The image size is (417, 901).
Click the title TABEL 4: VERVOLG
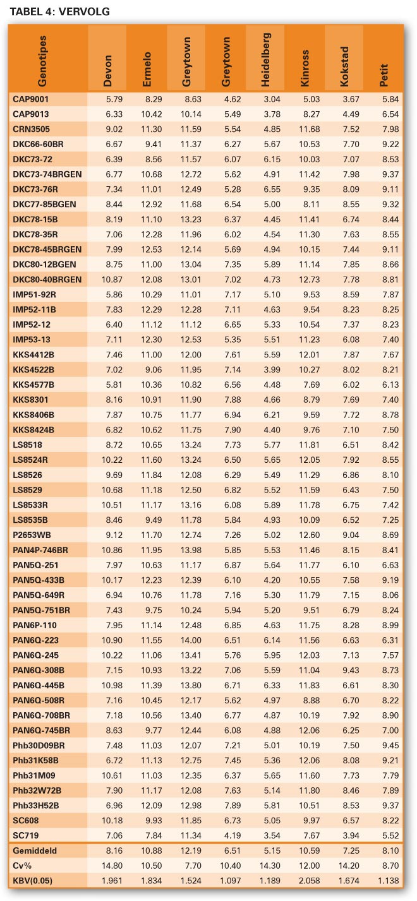tap(59, 11)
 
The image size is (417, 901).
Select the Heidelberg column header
tap(265, 59)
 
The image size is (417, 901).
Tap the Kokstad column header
tap(344, 66)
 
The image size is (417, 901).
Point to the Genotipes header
tap(42, 61)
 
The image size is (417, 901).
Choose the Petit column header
tap(384, 75)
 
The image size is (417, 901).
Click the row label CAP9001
tap(30, 99)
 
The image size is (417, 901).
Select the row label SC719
tap(26, 835)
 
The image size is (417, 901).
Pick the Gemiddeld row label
tap(35, 850)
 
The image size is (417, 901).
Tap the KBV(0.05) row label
tap(33, 881)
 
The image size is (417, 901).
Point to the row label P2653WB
tap(32, 535)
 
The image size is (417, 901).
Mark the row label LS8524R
tap(30, 460)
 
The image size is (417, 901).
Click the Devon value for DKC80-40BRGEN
tap(112, 280)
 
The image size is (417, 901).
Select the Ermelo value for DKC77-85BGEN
tap(152, 205)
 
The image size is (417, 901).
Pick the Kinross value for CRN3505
tap(309, 129)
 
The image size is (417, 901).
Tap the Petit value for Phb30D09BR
tap(390, 745)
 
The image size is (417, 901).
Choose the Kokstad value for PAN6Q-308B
tap(351, 670)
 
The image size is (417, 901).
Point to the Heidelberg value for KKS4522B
tap(272, 369)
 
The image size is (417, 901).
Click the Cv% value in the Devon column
tap(112, 866)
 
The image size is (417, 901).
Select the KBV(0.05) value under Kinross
tap(309, 881)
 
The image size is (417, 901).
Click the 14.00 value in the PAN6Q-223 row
tap(191, 640)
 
